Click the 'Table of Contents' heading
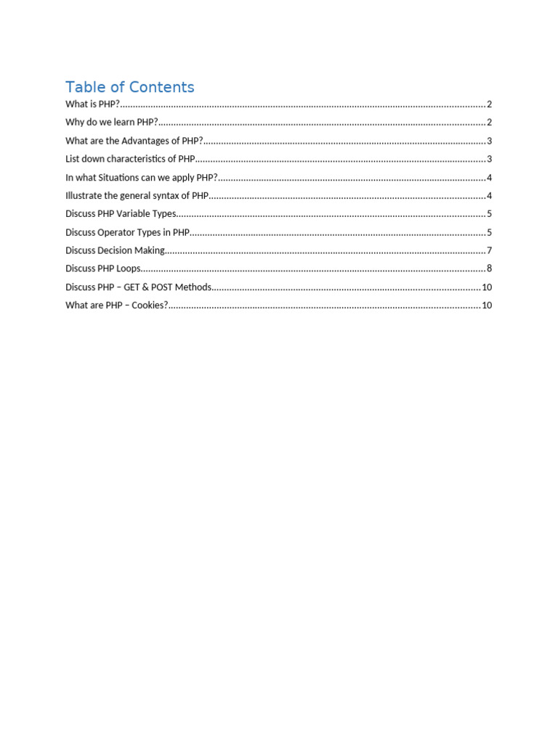pyautogui.click(x=130, y=87)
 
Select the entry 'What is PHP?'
pyautogui.click(x=92, y=104)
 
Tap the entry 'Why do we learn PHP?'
pyautogui.click(x=111, y=123)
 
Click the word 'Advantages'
pyautogui.click(x=144, y=141)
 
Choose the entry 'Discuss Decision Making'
pyautogui.click(x=115, y=251)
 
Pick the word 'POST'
pyautogui.click(x=163, y=287)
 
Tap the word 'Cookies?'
pyautogui.click(x=149, y=305)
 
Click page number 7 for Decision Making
pyautogui.click(x=490, y=251)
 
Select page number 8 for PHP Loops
pyautogui.click(x=490, y=269)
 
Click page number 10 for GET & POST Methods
pyautogui.click(x=487, y=287)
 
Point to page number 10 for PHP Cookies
pyautogui.click(x=487, y=305)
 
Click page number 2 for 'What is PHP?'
pyautogui.click(x=490, y=104)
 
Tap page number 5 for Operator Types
pyautogui.click(x=490, y=232)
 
